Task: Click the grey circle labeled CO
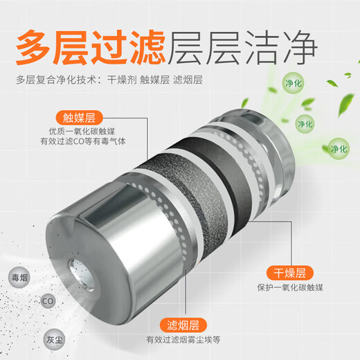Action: [x=48, y=301]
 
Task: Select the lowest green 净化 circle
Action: [x=338, y=149]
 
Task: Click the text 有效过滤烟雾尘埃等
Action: [x=182, y=340]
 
